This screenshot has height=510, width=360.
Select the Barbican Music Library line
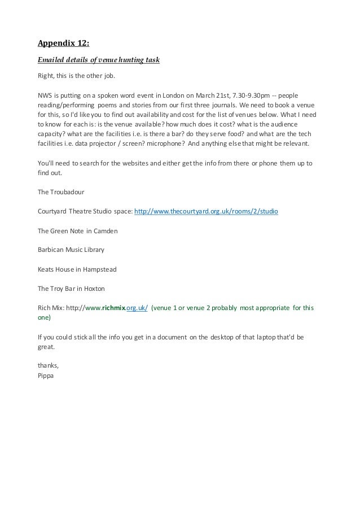[71, 250]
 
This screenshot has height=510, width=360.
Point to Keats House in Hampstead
[77, 269]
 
